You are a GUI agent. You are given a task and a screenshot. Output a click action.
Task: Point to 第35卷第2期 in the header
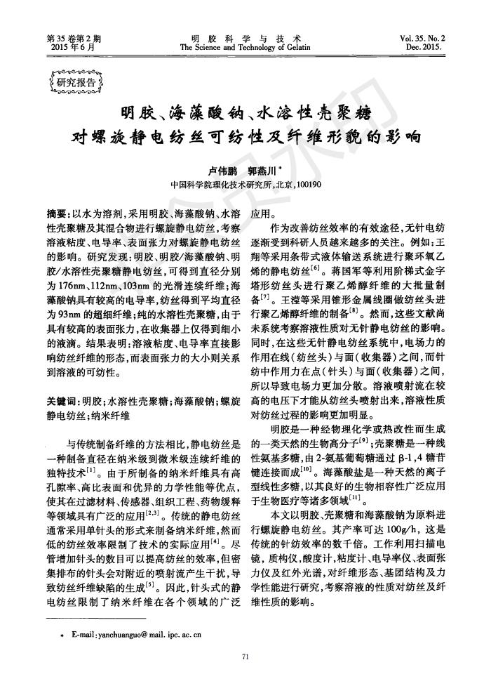(74, 38)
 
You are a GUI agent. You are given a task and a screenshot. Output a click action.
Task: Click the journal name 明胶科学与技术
(245, 38)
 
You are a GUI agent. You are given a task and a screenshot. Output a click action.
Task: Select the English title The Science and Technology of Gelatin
(245, 47)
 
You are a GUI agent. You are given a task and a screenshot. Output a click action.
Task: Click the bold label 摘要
(56, 213)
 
